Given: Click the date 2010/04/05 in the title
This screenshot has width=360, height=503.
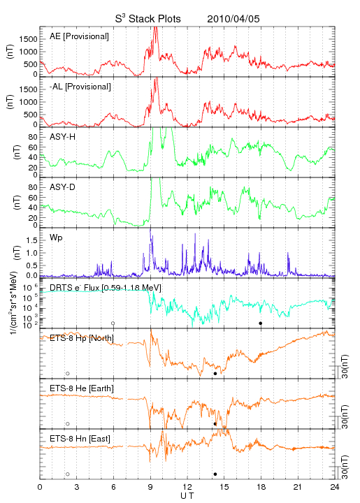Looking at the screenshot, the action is click(233, 19).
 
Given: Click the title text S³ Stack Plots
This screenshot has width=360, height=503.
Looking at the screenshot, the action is click(148, 19).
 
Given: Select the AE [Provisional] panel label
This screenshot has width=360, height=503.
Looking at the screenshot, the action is click(79, 36).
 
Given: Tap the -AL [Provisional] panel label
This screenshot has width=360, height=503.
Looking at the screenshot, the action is click(80, 87).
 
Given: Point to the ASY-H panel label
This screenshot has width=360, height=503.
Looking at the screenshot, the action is click(63, 137).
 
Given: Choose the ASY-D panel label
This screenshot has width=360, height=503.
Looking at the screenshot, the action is click(63, 187).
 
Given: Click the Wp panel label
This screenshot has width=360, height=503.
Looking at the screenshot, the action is click(56, 238).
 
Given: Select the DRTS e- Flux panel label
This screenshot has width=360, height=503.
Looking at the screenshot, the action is click(106, 288).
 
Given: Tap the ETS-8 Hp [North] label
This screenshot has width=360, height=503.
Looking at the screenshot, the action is click(82, 338).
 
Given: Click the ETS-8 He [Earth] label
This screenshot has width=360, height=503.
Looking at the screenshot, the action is click(82, 388).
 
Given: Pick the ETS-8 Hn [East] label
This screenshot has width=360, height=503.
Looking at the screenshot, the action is click(80, 439).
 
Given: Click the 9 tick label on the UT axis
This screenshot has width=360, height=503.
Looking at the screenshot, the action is click(150, 487).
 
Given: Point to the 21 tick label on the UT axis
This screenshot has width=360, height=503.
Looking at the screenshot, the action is click(298, 487).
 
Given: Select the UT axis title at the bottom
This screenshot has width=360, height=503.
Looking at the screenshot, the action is click(187, 496).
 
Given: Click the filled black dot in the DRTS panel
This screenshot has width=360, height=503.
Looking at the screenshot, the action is click(261, 323).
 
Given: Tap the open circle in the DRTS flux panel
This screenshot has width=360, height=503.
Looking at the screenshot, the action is click(113, 323).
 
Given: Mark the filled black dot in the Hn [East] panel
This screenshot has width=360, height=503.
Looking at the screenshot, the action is click(215, 474).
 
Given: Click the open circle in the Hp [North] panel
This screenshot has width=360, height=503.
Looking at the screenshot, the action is click(68, 374).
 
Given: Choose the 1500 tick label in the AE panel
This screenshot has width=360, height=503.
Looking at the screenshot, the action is click(28, 39).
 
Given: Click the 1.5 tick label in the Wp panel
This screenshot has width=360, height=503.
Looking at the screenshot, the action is click(32, 240).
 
